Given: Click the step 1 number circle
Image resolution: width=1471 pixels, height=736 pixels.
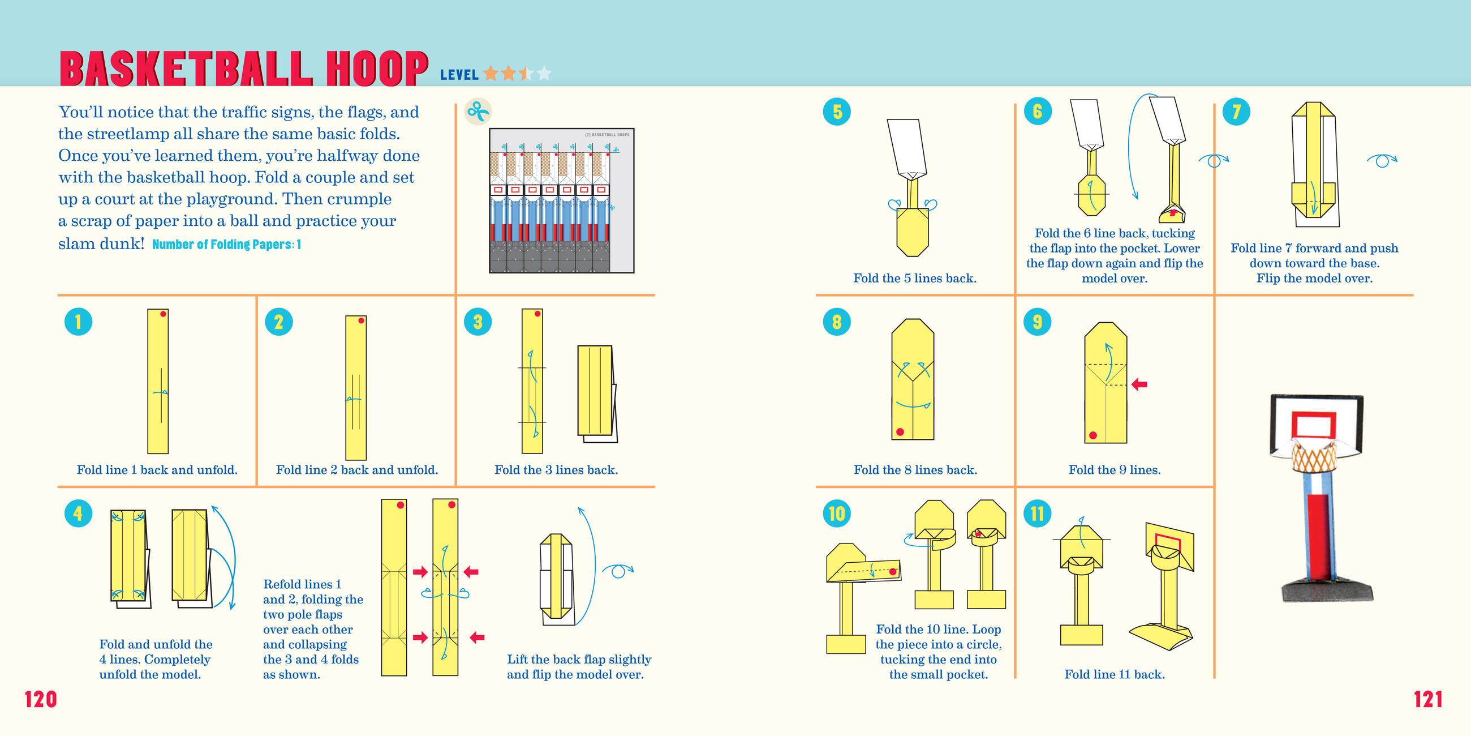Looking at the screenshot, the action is pos(78,321).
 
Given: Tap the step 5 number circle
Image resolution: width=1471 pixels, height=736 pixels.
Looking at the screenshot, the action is pos(837,112).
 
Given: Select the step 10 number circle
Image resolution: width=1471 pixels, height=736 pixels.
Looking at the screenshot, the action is pos(837,513).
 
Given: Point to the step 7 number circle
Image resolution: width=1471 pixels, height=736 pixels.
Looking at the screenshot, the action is pos(1236,112).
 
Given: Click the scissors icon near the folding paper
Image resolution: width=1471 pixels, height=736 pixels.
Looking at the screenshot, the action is pos(478,112).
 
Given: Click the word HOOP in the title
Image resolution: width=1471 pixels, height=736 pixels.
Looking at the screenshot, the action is pos(377,69).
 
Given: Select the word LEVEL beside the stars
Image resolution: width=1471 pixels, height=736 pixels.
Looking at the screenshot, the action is pos(459,75).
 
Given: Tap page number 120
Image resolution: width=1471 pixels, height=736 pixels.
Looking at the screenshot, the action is pos(41,699).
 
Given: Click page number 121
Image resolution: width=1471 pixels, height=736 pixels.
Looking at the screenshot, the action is pos(1427,699).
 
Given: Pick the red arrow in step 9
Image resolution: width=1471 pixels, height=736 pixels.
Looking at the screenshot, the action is pos(1139,384).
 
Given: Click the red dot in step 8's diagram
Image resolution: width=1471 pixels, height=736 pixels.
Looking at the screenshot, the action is pos(900,432).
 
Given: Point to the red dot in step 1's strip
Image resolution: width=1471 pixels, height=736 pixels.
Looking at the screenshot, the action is pos(164,314).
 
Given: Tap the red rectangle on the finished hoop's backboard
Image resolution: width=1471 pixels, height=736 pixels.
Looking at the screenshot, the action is pos(1313,425).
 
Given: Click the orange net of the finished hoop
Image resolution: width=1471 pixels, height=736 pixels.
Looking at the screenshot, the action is pos(1313,458).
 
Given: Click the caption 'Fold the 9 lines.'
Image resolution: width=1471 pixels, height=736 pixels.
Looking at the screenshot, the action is pos(1114,470).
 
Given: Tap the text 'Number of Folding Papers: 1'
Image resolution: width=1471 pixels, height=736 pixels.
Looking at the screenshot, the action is pos(227,245).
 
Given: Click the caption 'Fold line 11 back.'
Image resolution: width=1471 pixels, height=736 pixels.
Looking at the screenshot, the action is pos(1114,674).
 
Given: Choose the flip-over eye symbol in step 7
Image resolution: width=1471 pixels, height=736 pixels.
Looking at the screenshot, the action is pos(1382,161).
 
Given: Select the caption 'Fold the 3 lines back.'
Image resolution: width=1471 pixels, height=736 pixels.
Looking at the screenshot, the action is pos(556,470).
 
